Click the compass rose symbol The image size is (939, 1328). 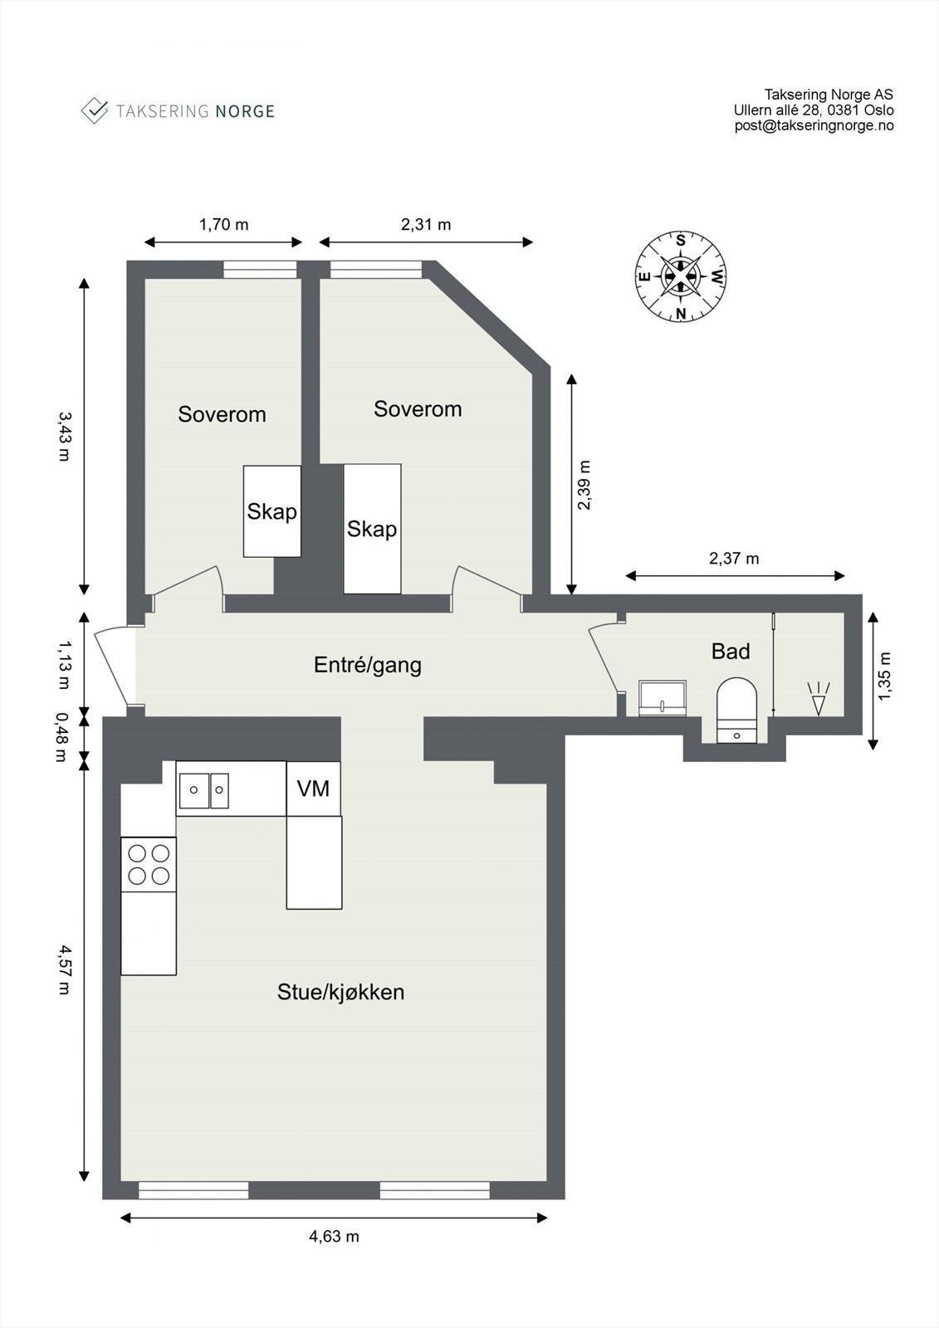[x=681, y=276]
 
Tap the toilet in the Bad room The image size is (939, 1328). [x=736, y=710]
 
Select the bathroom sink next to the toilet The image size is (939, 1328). [x=663, y=697]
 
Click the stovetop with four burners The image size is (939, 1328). [x=149, y=864]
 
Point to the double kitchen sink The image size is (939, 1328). [x=203, y=790]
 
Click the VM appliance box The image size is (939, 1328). [x=313, y=788]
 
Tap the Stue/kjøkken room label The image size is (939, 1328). [x=340, y=992]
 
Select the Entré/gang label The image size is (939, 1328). [x=367, y=665]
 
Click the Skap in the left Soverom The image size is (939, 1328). [x=271, y=511]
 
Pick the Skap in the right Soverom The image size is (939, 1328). [x=372, y=529]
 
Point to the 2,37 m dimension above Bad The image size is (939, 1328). [x=734, y=559]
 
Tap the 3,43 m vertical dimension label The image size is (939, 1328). [x=64, y=437]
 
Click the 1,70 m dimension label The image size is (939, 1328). [x=223, y=224]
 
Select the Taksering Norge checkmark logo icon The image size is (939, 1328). [x=94, y=110]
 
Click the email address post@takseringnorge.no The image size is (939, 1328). [x=814, y=125]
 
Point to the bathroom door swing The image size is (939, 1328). [x=604, y=656]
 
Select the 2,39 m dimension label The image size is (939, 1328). [x=584, y=485]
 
